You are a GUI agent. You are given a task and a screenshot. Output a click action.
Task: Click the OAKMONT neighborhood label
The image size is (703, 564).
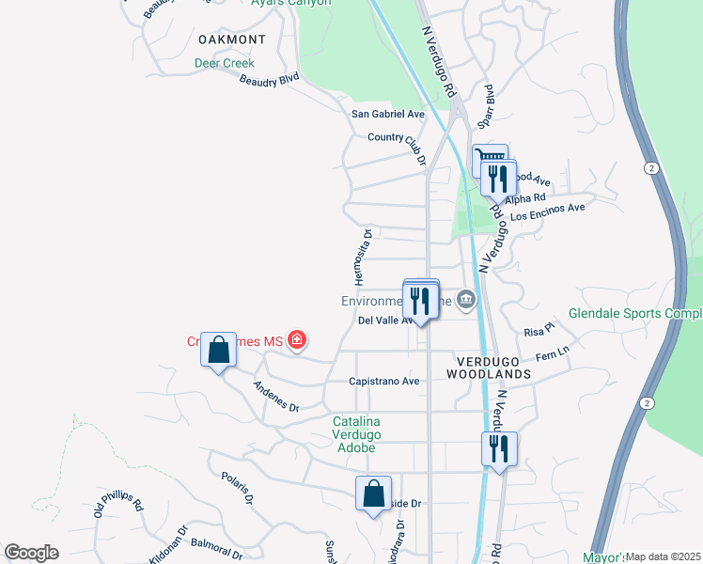tap(232, 39)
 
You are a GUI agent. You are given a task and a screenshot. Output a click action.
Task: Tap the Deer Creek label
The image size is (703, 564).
tap(225, 64)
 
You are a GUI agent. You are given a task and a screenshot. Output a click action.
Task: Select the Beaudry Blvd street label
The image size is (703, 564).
tap(269, 82)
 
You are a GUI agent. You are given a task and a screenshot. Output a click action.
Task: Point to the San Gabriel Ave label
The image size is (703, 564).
tap(388, 114)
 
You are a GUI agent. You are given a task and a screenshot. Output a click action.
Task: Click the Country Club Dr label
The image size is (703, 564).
tap(398, 139)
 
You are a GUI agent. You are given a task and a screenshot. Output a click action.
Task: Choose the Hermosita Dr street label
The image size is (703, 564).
tap(363, 257)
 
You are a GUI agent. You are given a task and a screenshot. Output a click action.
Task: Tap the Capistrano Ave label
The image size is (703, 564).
tap(383, 382)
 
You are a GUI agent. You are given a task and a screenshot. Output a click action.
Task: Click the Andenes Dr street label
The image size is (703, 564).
tap(275, 397)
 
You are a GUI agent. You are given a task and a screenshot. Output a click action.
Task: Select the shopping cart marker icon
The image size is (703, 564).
tap(489, 158)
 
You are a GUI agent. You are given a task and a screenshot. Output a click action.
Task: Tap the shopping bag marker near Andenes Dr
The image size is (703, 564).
tap(219, 351)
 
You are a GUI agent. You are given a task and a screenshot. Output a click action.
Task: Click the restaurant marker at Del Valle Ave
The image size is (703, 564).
tap(420, 301)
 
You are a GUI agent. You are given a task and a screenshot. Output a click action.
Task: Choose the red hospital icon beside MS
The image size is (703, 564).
tap(297, 339)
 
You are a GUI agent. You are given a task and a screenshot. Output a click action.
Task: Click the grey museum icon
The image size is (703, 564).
tap(466, 302)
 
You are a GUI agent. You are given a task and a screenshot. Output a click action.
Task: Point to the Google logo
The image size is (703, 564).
tap(31, 553)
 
